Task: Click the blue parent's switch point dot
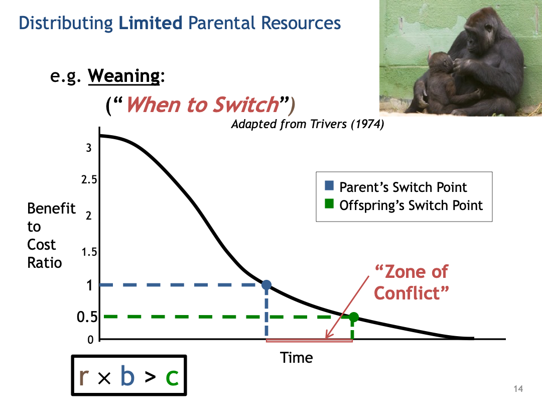[266, 285]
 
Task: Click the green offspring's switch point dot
[353, 317]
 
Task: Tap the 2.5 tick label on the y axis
[89, 179]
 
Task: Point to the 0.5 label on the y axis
[87, 317]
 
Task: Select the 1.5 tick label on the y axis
[89, 252]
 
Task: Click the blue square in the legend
[329, 185]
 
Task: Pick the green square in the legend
[329, 204]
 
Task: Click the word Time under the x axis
[296, 358]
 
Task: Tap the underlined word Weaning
[124, 76]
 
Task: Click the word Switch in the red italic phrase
[246, 105]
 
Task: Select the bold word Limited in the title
[151, 23]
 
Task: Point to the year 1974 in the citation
[367, 124]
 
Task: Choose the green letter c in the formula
[172, 378]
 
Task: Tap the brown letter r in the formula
[84, 377]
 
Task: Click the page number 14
[518, 388]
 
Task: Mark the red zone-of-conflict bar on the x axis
[309, 341]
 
